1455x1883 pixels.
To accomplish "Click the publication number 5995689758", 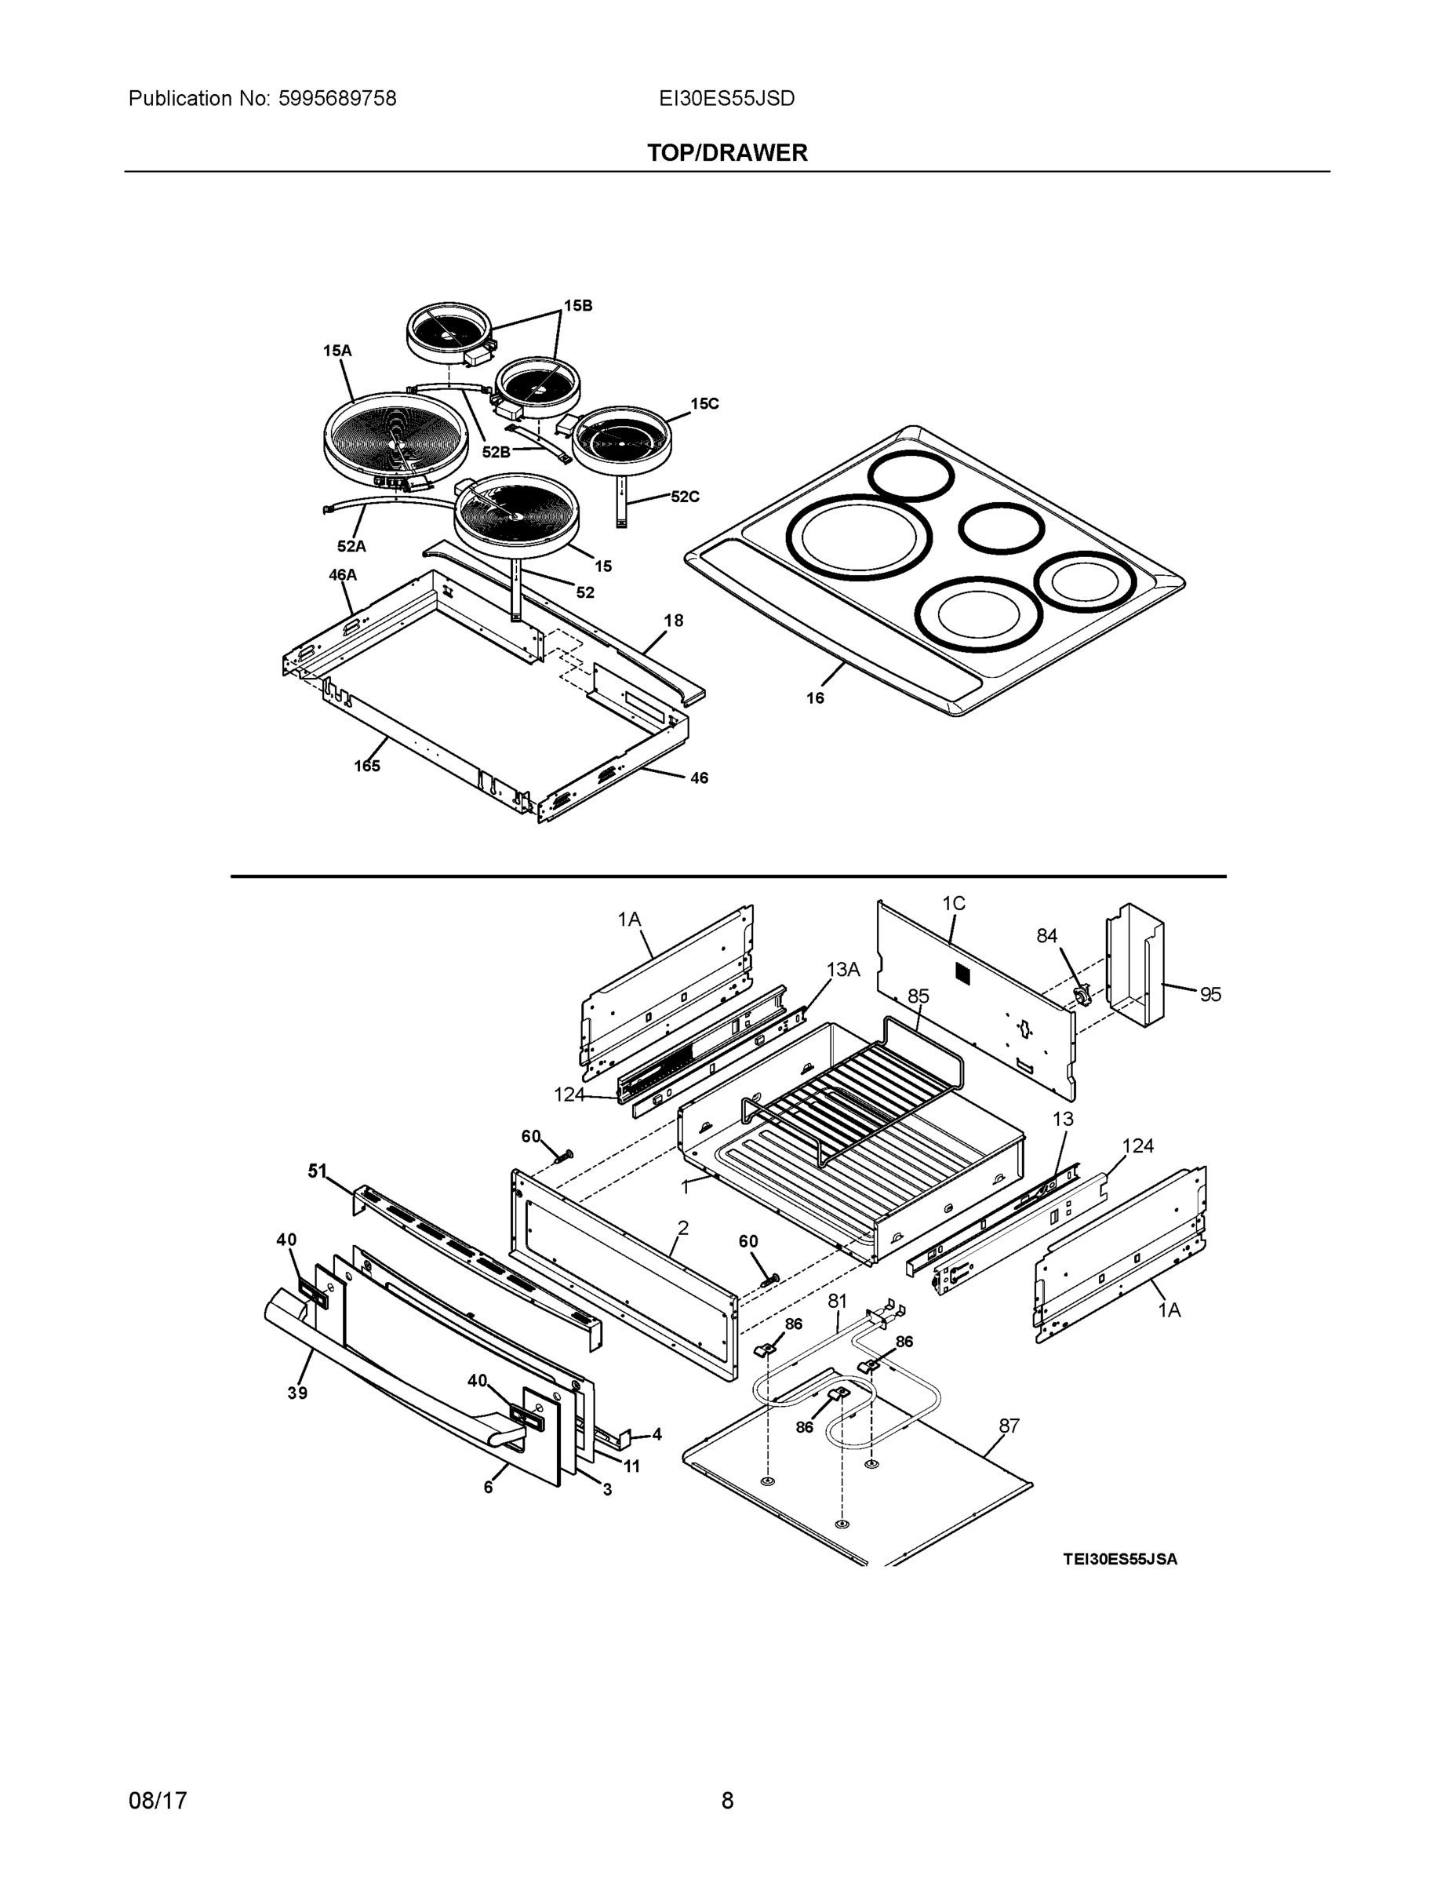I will tap(337, 99).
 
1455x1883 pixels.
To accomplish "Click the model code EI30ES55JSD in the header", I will tap(726, 99).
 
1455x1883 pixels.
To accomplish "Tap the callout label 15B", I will tap(578, 306).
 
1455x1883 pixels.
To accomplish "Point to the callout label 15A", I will tap(337, 351).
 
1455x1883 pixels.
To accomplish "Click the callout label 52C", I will tap(686, 497).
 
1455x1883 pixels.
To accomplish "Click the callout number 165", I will tap(366, 766).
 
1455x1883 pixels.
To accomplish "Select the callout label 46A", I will tap(342, 574).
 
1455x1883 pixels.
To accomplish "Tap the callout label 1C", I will tap(953, 903).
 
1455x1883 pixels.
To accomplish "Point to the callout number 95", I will tap(1210, 994).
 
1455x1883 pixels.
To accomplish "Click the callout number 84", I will tap(1046, 935).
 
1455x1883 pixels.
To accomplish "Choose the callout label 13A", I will tap(843, 969).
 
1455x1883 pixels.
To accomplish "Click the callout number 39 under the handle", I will tap(297, 1393).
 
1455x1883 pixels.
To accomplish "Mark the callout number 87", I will tap(1009, 1426).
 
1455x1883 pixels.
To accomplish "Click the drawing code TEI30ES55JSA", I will tap(1120, 1559).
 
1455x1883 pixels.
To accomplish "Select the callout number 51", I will tap(318, 1171).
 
